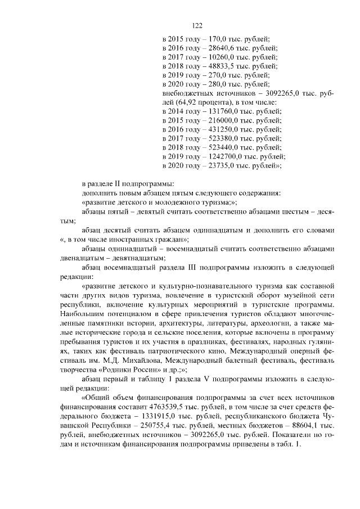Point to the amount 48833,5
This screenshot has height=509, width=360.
[x=222, y=66]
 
